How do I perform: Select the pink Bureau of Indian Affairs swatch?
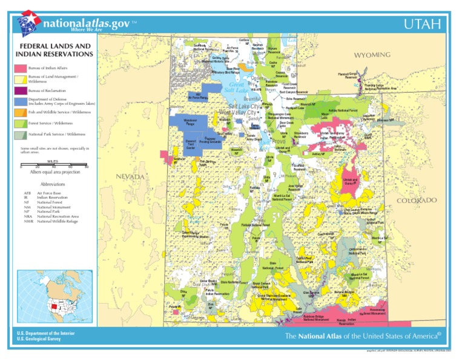[21, 68]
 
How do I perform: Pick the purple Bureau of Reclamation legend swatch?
[21, 91]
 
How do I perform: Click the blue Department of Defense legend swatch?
[21, 101]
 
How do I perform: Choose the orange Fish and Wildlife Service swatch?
[21, 112]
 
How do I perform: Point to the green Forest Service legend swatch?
[21, 123]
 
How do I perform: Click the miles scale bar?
[54, 165]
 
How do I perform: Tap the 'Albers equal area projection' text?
[55, 172]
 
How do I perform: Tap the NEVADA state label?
[130, 176]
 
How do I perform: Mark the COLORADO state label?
[417, 201]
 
